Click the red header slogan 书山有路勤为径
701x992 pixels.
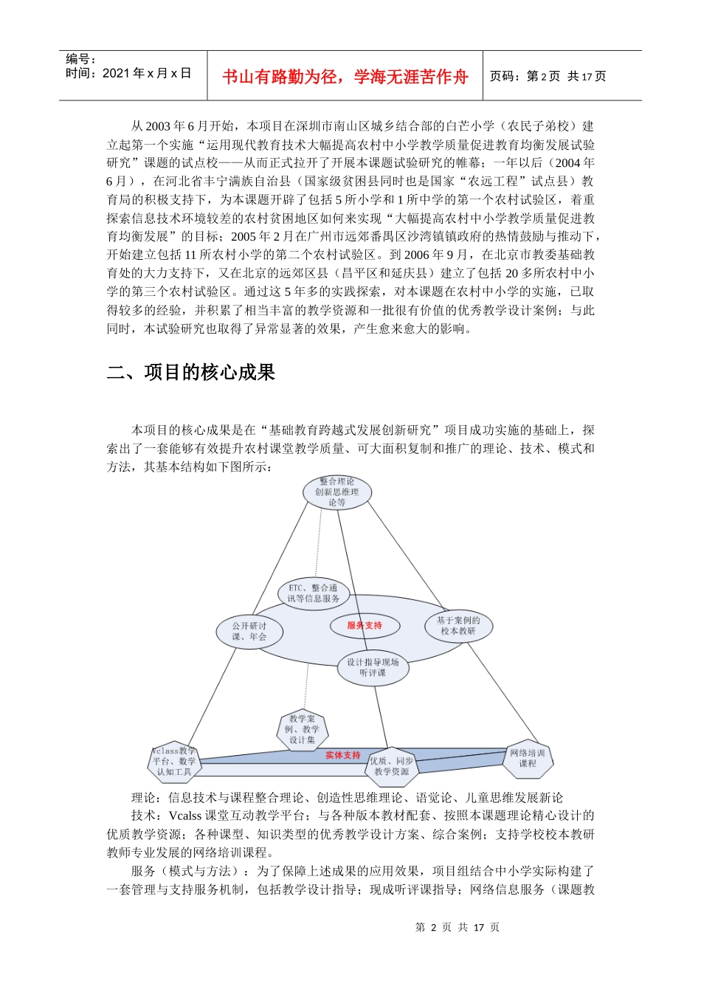pos(345,77)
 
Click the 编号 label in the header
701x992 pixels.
pos(80,59)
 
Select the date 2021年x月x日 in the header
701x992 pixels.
pos(146,73)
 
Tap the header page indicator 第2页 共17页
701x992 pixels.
pos(548,77)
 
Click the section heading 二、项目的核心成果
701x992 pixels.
pos(191,373)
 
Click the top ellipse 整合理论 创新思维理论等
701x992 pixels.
pos(337,492)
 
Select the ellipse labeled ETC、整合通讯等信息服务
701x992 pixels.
pos(314,593)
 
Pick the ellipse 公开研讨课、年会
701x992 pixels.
pos(249,632)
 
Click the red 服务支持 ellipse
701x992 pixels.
pos(365,626)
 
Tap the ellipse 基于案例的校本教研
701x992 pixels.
pos(458,626)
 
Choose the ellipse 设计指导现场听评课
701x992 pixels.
pos(373,667)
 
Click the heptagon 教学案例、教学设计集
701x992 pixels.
pos(303,729)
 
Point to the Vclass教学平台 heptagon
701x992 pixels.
pos(174,762)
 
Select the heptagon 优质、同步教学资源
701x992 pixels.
pos(391,766)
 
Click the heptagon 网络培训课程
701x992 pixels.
pos(528,759)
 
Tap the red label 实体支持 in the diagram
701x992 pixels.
pos(343,755)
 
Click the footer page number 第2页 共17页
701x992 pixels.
pos(457,928)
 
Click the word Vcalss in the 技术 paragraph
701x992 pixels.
pos(185,816)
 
